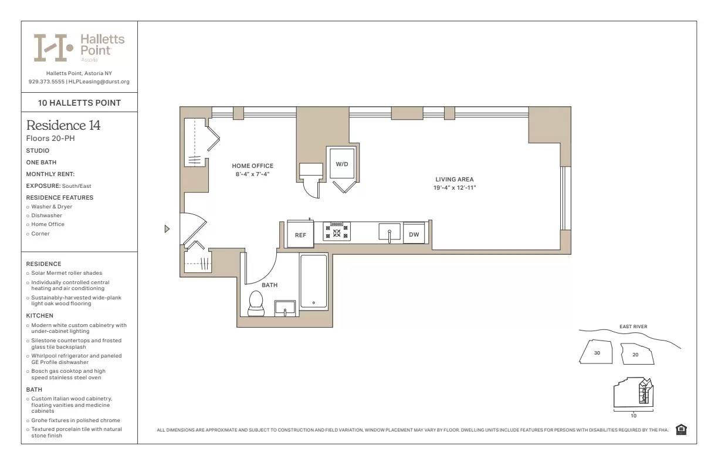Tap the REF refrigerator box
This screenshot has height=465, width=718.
pyautogui.click(x=300, y=234)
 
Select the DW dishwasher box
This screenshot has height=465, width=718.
pyautogui.click(x=414, y=234)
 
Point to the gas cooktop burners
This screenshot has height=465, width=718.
pyautogui.click(x=337, y=232)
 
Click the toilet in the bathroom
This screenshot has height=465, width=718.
pyautogui.click(x=256, y=303)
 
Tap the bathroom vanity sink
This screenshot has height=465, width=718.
pyautogui.click(x=285, y=308)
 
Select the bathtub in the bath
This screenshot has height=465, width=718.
pyautogui.click(x=313, y=282)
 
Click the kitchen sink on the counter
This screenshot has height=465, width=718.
pyautogui.click(x=389, y=231)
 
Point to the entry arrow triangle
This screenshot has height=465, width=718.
pyautogui.click(x=167, y=229)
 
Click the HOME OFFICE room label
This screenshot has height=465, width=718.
pyautogui.click(x=252, y=166)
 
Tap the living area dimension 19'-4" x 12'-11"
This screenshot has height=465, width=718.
pyautogui.click(x=454, y=188)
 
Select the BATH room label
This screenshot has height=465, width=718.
pyautogui.click(x=269, y=285)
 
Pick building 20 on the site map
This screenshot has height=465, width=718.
pyautogui.click(x=635, y=355)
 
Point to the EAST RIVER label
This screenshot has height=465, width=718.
pyautogui.click(x=633, y=327)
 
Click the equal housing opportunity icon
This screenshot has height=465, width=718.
pyautogui.click(x=681, y=430)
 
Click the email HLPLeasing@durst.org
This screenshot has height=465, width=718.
pyautogui.click(x=99, y=82)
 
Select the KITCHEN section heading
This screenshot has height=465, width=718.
pyautogui.click(x=40, y=316)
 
